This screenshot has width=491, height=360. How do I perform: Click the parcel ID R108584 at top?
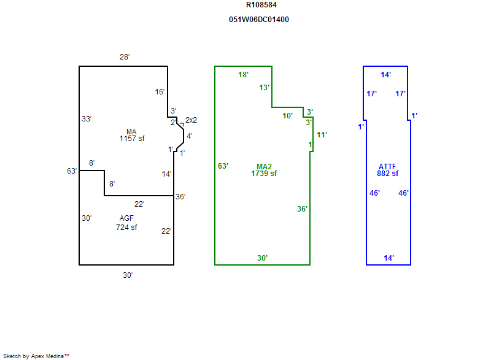(261, 5)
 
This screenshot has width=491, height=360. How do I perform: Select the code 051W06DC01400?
(258, 20)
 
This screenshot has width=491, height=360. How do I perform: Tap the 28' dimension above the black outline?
(125, 57)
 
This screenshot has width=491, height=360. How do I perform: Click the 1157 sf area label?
(131, 139)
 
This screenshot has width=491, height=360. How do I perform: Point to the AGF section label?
(126, 218)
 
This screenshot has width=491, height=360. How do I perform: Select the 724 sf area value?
(126, 228)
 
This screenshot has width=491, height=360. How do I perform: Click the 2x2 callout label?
(191, 120)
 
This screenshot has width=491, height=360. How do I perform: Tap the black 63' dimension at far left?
(72, 171)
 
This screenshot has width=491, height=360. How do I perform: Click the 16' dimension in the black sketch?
(160, 92)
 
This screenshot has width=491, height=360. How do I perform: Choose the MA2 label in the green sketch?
(264, 166)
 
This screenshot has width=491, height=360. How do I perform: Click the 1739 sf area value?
(264, 174)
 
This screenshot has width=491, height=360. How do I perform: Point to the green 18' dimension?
(244, 75)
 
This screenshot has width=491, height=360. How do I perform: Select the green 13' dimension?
(265, 88)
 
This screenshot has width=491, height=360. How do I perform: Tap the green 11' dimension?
(322, 135)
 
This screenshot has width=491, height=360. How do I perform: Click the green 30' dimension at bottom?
(262, 258)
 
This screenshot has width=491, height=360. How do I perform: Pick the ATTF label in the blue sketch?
(388, 166)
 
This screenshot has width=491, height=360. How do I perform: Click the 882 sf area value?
(388, 174)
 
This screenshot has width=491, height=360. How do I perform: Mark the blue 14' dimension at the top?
(386, 75)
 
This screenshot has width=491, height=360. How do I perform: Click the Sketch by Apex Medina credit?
(36, 356)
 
